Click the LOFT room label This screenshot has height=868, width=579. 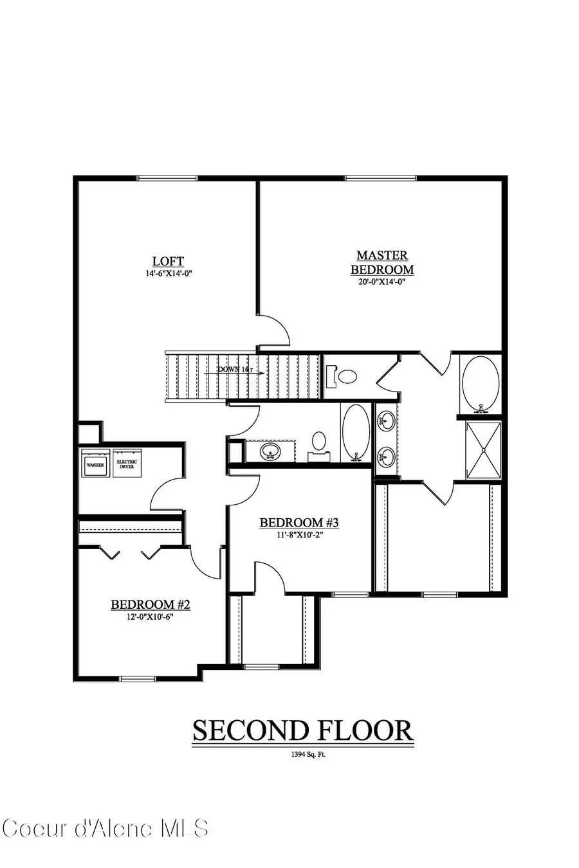[168, 261]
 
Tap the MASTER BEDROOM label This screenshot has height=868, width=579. [382, 263]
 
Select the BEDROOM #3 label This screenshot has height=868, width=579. [299, 523]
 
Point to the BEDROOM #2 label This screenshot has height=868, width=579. [151, 604]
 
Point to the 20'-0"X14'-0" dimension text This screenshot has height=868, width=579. [382, 281]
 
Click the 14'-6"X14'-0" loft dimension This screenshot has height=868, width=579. [168, 273]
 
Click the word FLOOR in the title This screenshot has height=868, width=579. [363, 731]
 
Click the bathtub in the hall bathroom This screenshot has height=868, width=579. [356, 433]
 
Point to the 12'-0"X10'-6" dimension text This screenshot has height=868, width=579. [151, 616]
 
